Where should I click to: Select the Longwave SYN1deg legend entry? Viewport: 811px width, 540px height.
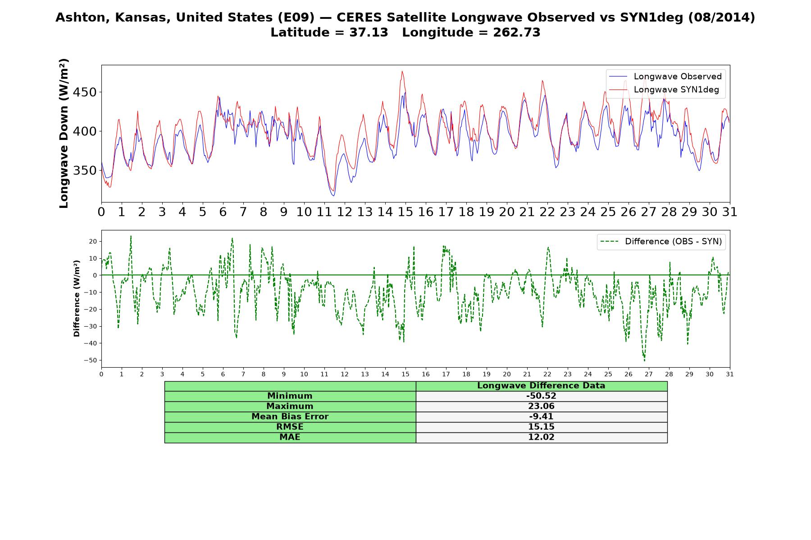[664, 90]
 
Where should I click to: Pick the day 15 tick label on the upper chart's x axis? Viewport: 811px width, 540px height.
[405, 212]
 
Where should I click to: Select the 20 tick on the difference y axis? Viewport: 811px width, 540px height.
[93, 241]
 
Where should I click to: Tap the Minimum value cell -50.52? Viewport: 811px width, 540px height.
[541, 396]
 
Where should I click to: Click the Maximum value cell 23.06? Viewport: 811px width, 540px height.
[541, 406]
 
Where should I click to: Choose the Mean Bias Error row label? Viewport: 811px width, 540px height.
[290, 417]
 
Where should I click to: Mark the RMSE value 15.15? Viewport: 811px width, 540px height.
[541, 427]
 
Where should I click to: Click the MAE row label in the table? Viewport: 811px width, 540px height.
[290, 437]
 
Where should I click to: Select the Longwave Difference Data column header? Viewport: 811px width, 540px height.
[541, 386]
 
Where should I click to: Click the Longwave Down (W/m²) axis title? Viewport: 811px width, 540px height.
[64, 133]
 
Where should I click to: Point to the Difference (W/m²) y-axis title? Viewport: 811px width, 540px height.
[77, 298]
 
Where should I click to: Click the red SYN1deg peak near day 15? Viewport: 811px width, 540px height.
[402, 71]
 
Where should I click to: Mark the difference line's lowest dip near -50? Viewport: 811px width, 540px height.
[644, 361]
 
